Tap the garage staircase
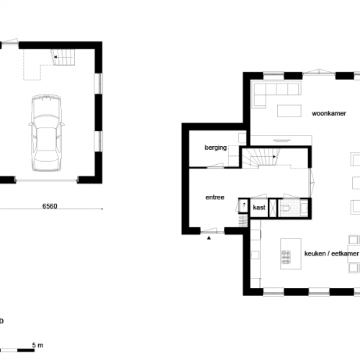[x=63, y=56]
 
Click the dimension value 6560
[x=50, y=207]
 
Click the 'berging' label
[x=216, y=148]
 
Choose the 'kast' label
[x=258, y=208]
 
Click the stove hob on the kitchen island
[x=287, y=257]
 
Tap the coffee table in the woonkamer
[x=290, y=110]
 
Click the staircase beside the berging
[x=261, y=155]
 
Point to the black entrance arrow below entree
[x=210, y=236]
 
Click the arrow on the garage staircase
[x=53, y=55]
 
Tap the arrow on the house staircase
[x=276, y=158]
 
